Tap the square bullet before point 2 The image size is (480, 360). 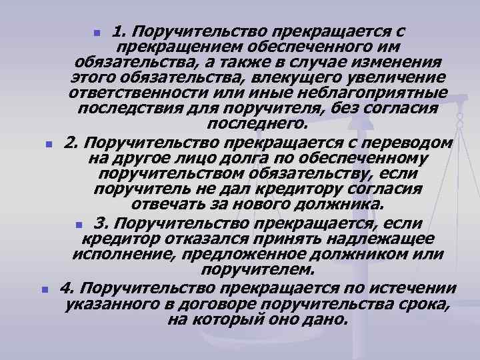pyautogui.click(x=48, y=144)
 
